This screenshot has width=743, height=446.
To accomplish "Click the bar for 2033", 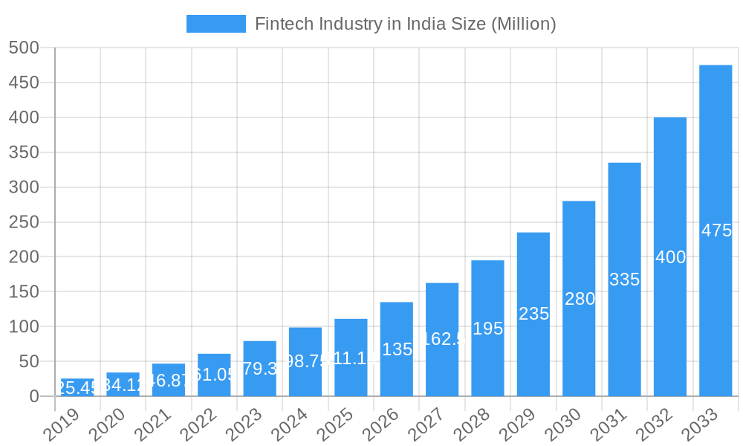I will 716,230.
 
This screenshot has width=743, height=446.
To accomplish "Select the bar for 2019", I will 77,387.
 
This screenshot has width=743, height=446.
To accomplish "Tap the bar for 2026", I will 396,349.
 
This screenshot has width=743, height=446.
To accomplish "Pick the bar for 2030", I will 579,299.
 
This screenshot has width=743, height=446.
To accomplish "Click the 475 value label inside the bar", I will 716,230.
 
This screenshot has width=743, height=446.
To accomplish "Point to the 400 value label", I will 670,257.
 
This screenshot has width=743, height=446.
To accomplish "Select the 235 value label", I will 533,314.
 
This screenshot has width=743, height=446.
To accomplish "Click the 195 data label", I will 487,329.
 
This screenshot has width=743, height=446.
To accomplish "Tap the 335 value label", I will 624,279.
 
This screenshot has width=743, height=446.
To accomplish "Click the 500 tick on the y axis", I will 24,48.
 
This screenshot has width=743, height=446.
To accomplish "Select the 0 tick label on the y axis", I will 34,397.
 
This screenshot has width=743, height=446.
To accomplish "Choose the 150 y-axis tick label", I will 24,292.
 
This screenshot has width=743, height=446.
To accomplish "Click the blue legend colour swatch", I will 215,24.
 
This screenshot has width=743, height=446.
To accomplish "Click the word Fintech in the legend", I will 282,24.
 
